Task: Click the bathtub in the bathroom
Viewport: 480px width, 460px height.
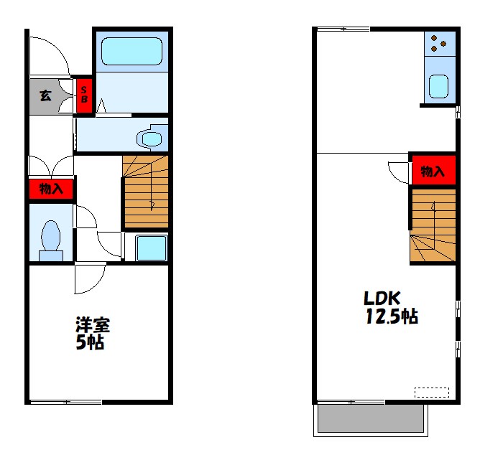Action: (131, 52)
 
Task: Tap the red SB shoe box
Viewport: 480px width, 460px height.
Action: (84, 95)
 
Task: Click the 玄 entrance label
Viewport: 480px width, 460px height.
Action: (45, 95)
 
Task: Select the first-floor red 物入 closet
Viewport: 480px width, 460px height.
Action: (51, 189)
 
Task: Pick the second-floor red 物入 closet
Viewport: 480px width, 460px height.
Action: (433, 170)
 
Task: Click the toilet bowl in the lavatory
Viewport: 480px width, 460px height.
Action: (51, 240)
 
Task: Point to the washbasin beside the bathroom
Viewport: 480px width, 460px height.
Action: (152, 139)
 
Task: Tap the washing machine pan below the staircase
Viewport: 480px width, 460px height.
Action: (151, 248)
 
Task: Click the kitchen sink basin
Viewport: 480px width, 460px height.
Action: (438, 87)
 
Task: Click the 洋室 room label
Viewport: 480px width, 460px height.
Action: (93, 325)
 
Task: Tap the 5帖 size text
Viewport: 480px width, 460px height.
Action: (90, 342)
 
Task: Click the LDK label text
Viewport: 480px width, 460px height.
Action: (382, 298)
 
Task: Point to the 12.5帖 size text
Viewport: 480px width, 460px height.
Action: (392, 316)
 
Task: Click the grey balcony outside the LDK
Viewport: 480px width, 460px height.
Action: (371, 418)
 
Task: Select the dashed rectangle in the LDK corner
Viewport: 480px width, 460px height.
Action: (432, 393)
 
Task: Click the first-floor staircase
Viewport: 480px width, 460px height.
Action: (145, 192)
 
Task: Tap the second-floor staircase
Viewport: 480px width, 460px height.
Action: (433, 225)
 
